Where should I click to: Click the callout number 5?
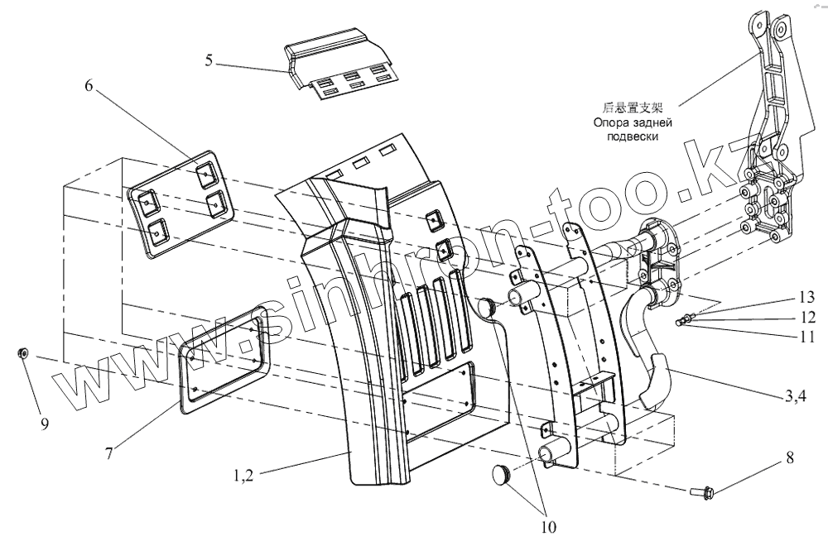209,60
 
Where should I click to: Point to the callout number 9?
45,424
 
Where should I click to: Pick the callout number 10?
548,524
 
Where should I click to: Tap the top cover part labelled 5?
339,65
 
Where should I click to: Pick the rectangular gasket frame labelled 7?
222,355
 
